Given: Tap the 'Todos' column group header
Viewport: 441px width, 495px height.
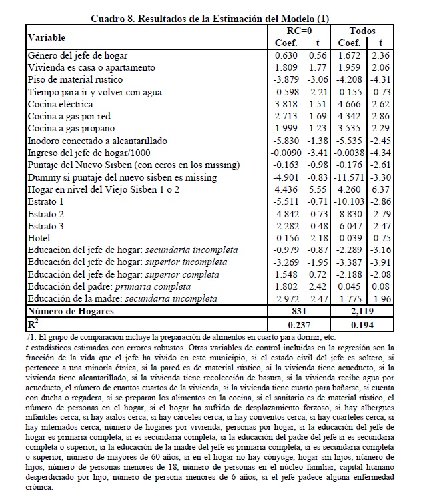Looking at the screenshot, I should tap(362, 31).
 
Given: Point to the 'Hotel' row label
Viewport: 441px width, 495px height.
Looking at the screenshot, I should tap(39, 237).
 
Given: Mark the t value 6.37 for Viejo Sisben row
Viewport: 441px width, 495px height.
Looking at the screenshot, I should tap(380, 189).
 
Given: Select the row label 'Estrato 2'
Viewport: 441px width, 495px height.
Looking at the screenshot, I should tap(46, 213).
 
